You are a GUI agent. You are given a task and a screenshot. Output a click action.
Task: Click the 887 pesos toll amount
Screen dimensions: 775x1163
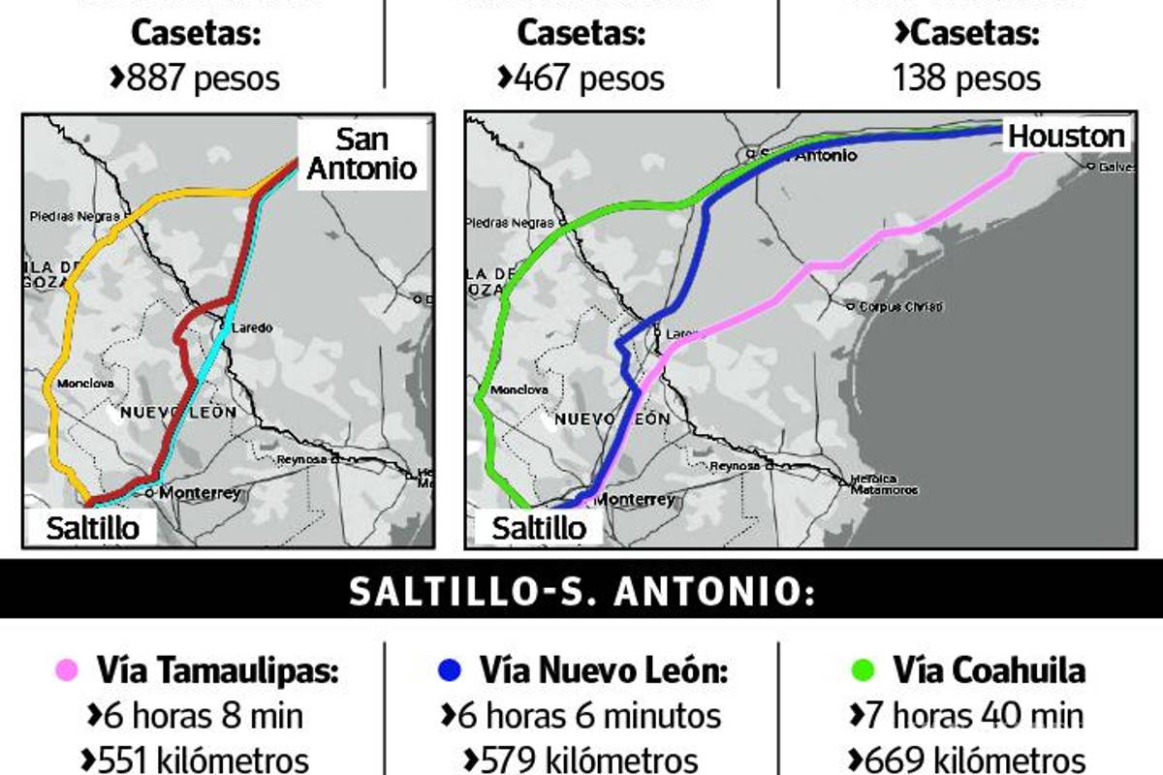[196, 77]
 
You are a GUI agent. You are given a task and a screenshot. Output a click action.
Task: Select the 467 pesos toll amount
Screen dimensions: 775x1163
[581, 77]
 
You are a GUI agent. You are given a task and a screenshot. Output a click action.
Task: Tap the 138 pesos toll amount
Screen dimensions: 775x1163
[966, 77]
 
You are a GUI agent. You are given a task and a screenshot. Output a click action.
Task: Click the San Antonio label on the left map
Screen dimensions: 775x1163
[361, 153]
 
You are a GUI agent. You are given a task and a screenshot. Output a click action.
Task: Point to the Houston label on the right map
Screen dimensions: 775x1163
[1066, 137]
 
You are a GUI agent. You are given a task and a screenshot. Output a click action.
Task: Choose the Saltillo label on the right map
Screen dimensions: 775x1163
[539, 528]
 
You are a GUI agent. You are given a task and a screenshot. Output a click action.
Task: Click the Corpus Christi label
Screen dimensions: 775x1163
[900, 307]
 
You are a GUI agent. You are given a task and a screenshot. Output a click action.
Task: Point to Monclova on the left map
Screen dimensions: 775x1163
[85, 384]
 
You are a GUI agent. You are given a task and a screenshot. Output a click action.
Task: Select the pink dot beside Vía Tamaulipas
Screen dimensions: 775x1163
[67, 669]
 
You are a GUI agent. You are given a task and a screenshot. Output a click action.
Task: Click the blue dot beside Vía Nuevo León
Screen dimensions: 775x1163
[449, 669]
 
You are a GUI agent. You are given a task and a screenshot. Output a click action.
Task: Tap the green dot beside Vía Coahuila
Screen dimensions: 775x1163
[864, 669]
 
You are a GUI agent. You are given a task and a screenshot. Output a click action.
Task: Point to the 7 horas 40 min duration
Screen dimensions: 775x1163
[966, 716]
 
